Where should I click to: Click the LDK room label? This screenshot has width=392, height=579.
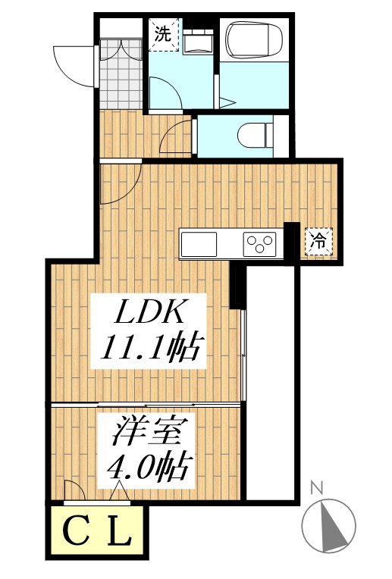pyautogui.click(x=149, y=312)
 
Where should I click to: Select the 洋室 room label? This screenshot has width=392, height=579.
pyautogui.click(x=148, y=430)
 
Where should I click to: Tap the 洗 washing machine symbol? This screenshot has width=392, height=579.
pyautogui.click(x=163, y=33)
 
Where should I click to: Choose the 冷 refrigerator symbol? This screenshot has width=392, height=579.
pyautogui.click(x=318, y=241)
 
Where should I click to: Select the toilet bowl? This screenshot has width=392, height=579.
pyautogui.click(x=254, y=136)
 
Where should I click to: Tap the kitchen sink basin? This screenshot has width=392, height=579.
pyautogui.click(x=199, y=244)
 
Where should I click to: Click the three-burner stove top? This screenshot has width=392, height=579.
pyautogui.click(x=259, y=244)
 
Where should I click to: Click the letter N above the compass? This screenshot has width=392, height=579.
pyautogui.click(x=317, y=488)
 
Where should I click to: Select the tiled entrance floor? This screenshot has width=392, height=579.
pyautogui.click(x=121, y=74)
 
